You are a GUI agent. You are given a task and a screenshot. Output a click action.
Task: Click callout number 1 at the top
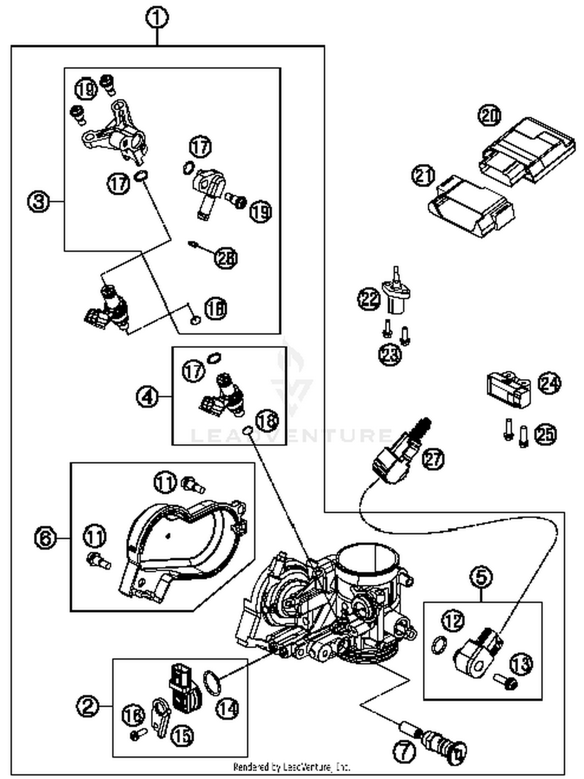(157, 18)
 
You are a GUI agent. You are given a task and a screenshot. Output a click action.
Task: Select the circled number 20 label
(490, 116)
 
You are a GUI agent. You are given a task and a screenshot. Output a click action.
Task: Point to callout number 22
(369, 299)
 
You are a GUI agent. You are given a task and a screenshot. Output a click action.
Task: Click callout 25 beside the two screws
(545, 434)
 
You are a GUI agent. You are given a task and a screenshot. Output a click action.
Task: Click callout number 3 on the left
(39, 202)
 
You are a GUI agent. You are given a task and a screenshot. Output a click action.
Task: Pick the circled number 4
(147, 397)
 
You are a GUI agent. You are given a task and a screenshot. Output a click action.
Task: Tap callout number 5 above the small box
(482, 577)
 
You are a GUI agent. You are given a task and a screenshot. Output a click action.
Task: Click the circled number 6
(45, 538)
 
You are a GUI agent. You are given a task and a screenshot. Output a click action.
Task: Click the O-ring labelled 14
(212, 682)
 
